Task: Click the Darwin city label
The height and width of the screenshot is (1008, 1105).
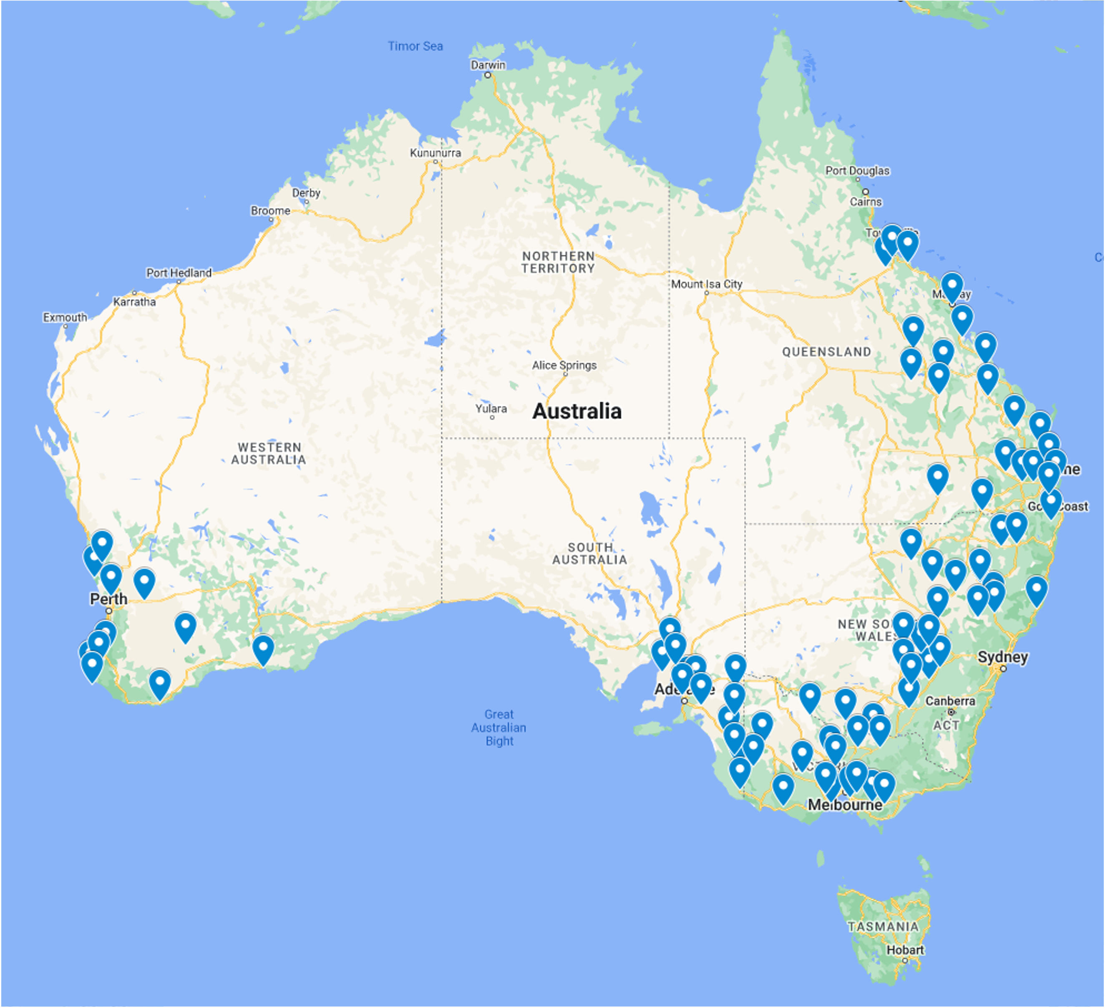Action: (488, 65)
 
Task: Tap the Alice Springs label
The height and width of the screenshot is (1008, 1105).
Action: (564, 365)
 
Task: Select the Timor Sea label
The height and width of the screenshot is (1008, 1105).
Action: (415, 46)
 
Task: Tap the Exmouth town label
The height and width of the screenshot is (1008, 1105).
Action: (65, 318)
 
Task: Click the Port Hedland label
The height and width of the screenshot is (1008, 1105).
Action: (179, 273)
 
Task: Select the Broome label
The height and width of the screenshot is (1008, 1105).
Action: (270, 211)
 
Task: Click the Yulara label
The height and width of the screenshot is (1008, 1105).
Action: (491, 409)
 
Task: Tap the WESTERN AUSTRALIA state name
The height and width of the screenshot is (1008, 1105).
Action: (269, 454)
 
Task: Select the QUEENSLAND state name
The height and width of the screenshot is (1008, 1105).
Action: (826, 352)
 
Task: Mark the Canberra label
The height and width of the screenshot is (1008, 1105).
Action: (950, 701)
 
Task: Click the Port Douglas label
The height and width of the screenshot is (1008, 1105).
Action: (857, 171)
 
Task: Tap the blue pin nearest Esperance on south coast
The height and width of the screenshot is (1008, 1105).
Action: (263, 650)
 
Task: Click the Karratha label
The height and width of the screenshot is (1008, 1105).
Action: (134, 302)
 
